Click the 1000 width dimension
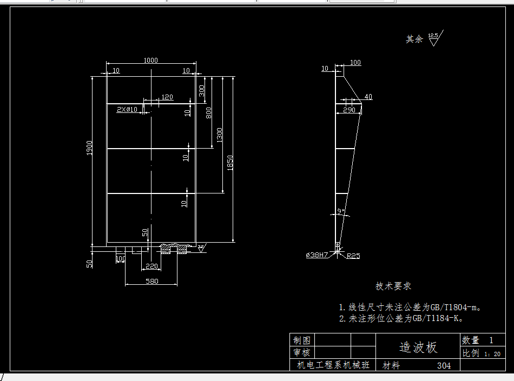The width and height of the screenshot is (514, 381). pos(151,61)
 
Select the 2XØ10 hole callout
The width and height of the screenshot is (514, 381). pos(128,109)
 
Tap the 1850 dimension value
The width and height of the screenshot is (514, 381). pos(230,162)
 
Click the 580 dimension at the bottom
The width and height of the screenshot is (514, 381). pos(151,281)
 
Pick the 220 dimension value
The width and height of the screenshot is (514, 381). pos(151,266)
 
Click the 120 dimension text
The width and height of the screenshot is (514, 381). pos(167,97)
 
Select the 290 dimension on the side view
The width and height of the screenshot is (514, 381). pos(349,110)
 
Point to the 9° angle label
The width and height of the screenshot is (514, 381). pos(341,211)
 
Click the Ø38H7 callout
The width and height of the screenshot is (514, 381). pos(318,255)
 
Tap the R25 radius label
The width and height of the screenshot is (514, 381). pos(353,255)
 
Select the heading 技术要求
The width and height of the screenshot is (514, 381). pos(393,286)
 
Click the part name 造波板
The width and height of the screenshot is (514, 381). pos(418,347)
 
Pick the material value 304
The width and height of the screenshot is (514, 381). pos(444,366)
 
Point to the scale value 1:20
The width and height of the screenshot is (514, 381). pos(492,354)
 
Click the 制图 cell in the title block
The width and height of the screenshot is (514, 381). pos(302,340)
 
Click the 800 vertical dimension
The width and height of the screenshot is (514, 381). pos(209,113)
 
